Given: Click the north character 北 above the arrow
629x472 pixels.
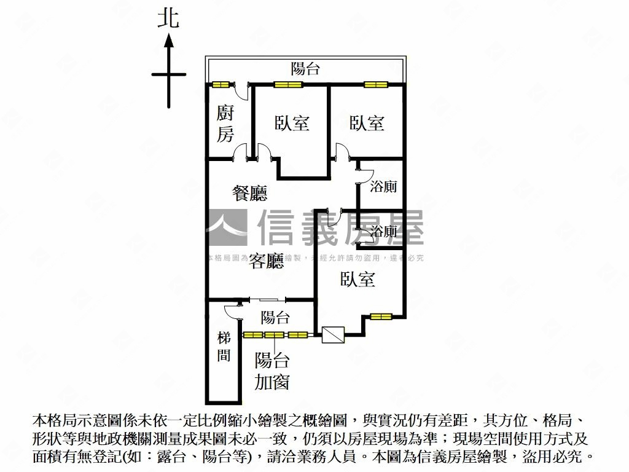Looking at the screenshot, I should click(168, 17).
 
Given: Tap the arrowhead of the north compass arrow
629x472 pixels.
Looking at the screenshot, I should click(168, 42).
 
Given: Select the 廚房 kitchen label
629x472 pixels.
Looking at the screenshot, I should click(225, 124).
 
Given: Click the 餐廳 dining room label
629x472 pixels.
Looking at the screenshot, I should click(249, 194).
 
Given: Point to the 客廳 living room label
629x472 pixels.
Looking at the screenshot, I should click(267, 262).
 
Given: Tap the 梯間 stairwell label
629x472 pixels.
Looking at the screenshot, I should click(224, 347).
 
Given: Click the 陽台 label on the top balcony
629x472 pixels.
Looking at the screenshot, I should click(305, 68).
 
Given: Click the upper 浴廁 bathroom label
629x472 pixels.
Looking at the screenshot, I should click(383, 187).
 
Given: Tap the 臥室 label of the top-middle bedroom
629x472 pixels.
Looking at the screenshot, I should click(292, 123).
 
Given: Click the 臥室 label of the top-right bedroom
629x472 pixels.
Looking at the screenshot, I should click(367, 123).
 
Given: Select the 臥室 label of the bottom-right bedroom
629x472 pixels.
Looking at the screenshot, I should click(358, 280).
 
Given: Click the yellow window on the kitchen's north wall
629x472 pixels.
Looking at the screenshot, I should click(220, 84).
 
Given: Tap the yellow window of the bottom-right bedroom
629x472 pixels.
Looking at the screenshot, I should click(381, 317).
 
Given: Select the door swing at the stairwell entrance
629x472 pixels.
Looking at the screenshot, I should click(233, 311).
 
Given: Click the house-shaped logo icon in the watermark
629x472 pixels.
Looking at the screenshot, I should click(227, 227).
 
